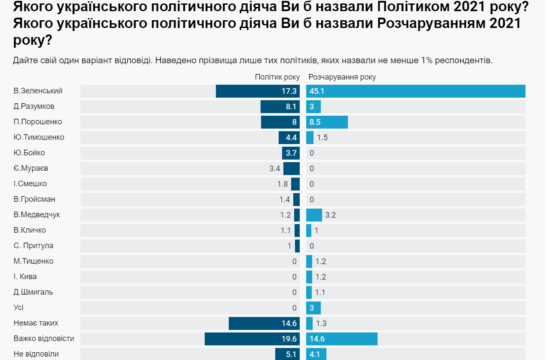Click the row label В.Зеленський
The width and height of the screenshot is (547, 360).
click(38, 91)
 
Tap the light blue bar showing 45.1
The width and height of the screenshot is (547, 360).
click(415, 91)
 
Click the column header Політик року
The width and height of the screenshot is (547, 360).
click(277, 77)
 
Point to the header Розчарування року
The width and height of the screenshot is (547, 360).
click(342, 77)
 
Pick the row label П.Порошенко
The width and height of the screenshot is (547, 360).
click(38, 122)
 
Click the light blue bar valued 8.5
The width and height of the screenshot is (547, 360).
click(327, 122)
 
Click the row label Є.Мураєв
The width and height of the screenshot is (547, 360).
click(31, 168)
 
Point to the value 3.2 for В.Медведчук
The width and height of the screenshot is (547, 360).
click(330, 215)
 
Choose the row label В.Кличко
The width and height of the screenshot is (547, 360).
click(30, 230)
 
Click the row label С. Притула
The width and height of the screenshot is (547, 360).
click(33, 246)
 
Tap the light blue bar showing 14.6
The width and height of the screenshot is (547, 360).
click(342, 339)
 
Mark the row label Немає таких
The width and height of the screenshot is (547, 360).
click(36, 323)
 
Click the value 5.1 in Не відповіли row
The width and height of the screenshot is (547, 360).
click(291, 354)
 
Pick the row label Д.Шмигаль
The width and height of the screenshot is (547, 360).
click(33, 292)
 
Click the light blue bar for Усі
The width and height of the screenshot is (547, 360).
click(313, 308)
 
